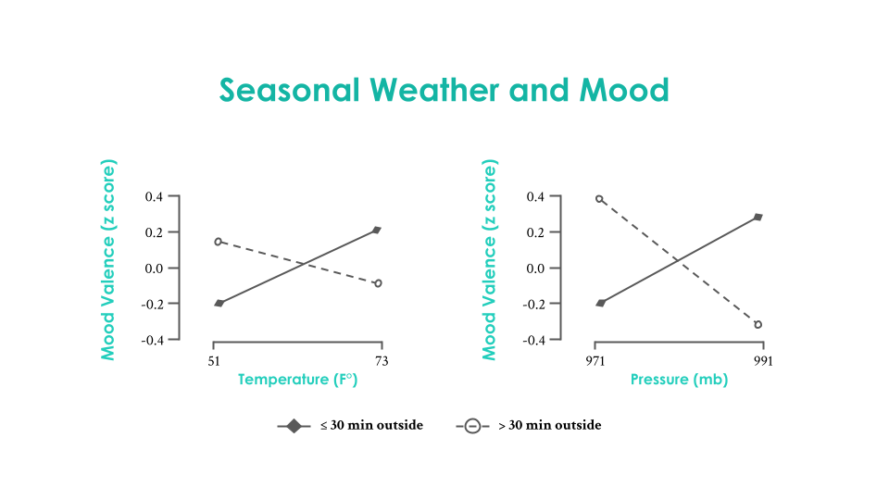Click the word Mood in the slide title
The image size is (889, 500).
point(623,91)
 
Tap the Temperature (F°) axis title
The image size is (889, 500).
point(298,380)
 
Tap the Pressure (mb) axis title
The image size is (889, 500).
point(679,380)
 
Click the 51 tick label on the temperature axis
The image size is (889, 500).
point(214,361)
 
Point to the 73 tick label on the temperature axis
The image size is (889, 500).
point(382,361)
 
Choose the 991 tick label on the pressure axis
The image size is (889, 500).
point(763,361)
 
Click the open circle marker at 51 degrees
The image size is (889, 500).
point(219,242)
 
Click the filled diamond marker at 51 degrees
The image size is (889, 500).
point(219,303)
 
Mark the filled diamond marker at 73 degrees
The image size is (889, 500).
point(377,230)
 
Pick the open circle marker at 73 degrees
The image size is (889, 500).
point(378,283)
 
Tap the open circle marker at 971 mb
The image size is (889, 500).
point(599,199)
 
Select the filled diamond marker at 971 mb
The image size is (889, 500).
point(600,303)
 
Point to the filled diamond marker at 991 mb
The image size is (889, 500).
point(758,217)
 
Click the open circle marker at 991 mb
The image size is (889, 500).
point(758,325)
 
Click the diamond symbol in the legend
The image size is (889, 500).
point(294,426)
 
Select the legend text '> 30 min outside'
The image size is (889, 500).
point(549,426)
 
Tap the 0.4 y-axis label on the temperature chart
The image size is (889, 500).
point(153,197)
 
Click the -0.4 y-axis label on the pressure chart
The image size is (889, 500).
point(533,340)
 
